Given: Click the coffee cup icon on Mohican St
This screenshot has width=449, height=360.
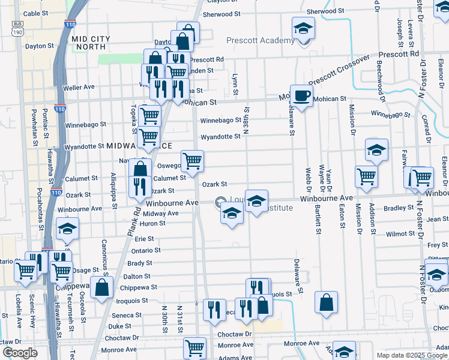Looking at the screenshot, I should click(x=301, y=95).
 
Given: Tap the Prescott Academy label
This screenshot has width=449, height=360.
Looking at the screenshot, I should click(x=261, y=41).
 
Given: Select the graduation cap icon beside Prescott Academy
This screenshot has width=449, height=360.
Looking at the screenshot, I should click(x=304, y=28).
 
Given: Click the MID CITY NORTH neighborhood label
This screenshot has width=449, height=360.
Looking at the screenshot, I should click(x=91, y=43).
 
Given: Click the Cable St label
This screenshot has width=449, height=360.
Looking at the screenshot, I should click(x=35, y=13).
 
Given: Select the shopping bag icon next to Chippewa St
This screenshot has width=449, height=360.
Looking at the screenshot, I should click(x=101, y=287).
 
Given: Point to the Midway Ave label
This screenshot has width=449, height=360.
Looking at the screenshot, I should click(x=161, y=214).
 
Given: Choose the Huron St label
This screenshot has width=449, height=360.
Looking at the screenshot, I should click(x=153, y=223).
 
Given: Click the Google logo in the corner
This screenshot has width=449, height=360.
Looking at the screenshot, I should click(x=20, y=353).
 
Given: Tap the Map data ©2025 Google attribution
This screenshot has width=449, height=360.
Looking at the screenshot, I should click(x=412, y=355).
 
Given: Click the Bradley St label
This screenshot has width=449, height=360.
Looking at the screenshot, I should click(x=395, y=208).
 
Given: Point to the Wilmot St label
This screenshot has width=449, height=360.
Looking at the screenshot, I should click(x=397, y=234).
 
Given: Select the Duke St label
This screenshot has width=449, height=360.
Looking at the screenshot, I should click(x=119, y=326).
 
